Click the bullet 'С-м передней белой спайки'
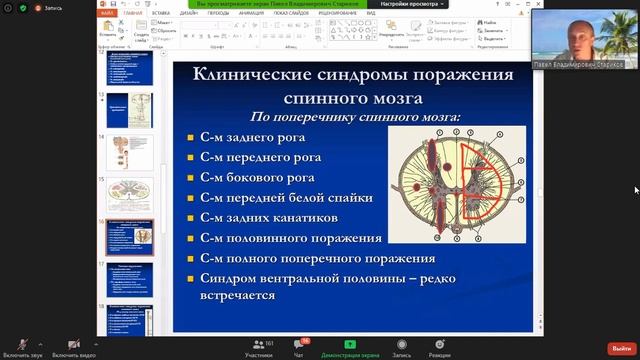tap(286, 198)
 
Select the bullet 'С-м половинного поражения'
tap(290, 238)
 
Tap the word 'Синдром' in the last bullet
tap(233, 278)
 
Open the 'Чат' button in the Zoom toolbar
tap(298, 346)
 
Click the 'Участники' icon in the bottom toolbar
tap(258, 346)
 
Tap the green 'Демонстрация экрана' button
tap(350, 346)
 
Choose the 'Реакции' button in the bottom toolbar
tap(439, 346)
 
